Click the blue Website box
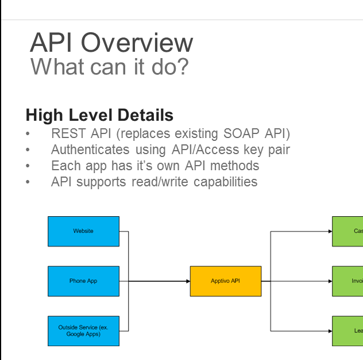(83, 231)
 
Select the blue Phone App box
(83, 281)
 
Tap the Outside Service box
(83, 331)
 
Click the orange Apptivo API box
(226, 281)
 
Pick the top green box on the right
(347, 231)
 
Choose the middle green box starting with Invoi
(347, 281)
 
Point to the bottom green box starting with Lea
(347, 331)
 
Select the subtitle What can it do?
(109, 67)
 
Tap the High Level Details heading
(99, 114)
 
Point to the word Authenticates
(90, 150)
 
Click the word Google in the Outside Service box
(72, 334)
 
